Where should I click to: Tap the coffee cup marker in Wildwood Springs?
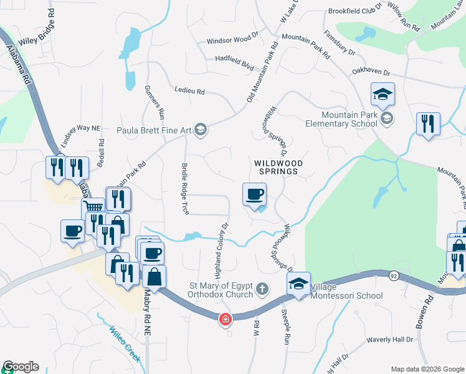pos(254,194)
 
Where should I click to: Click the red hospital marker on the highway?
pos(224,320)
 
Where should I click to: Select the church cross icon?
pos(262,290)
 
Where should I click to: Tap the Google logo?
pos(21,367)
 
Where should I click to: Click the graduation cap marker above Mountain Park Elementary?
pos(383,94)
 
